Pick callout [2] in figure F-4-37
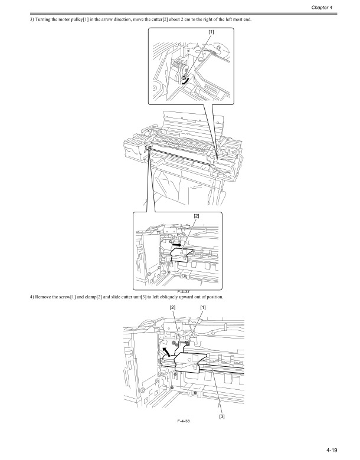197,216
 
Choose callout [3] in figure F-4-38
222,416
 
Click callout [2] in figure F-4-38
173,308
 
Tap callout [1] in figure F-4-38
203,308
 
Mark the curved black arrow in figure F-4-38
167,353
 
